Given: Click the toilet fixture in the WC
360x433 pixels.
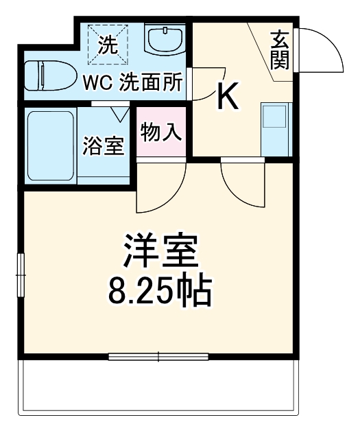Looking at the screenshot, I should pos(48,76).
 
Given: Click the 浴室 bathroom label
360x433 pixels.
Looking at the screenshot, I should pos(104,146).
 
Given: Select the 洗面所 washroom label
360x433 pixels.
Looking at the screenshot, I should pos(152,82).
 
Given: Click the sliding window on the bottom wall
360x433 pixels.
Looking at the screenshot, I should pos(158,356).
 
